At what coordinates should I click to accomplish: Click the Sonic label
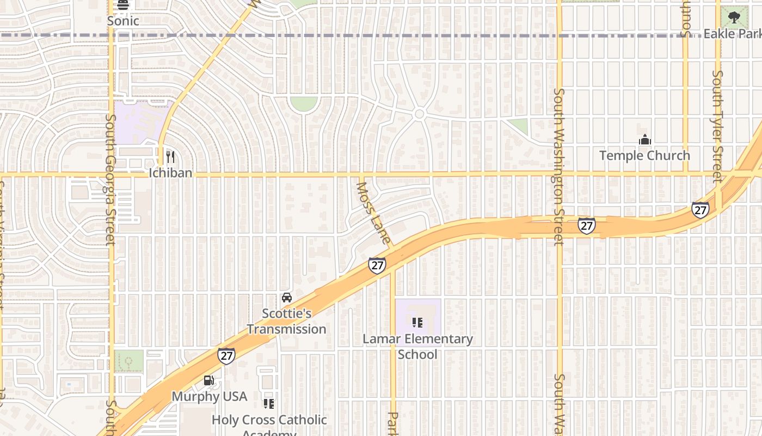tap(123, 21)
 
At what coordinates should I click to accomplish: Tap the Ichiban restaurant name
tap(170, 173)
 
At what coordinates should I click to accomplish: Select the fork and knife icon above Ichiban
tap(170, 157)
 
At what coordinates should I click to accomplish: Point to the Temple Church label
tap(644, 155)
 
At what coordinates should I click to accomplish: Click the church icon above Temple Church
tap(645, 140)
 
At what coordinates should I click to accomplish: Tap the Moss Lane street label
tap(373, 213)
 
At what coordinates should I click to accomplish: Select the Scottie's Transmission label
tap(286, 321)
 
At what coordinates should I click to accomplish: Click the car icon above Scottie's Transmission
tap(287, 298)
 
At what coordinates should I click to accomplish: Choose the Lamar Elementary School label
tap(417, 346)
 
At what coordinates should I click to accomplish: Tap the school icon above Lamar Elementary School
tap(417, 323)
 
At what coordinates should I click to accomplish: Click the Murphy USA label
tap(210, 396)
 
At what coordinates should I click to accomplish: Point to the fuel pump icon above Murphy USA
tap(208, 380)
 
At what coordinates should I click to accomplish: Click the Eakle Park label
tap(732, 34)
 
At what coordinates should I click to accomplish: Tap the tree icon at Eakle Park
tap(734, 16)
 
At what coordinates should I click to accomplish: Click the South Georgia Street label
tap(111, 180)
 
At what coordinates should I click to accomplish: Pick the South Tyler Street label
tap(717, 126)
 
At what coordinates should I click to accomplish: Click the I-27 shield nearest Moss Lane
tap(377, 265)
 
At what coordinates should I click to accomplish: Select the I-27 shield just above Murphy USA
tap(226, 356)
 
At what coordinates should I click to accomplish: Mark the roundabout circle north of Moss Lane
tap(419, 114)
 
